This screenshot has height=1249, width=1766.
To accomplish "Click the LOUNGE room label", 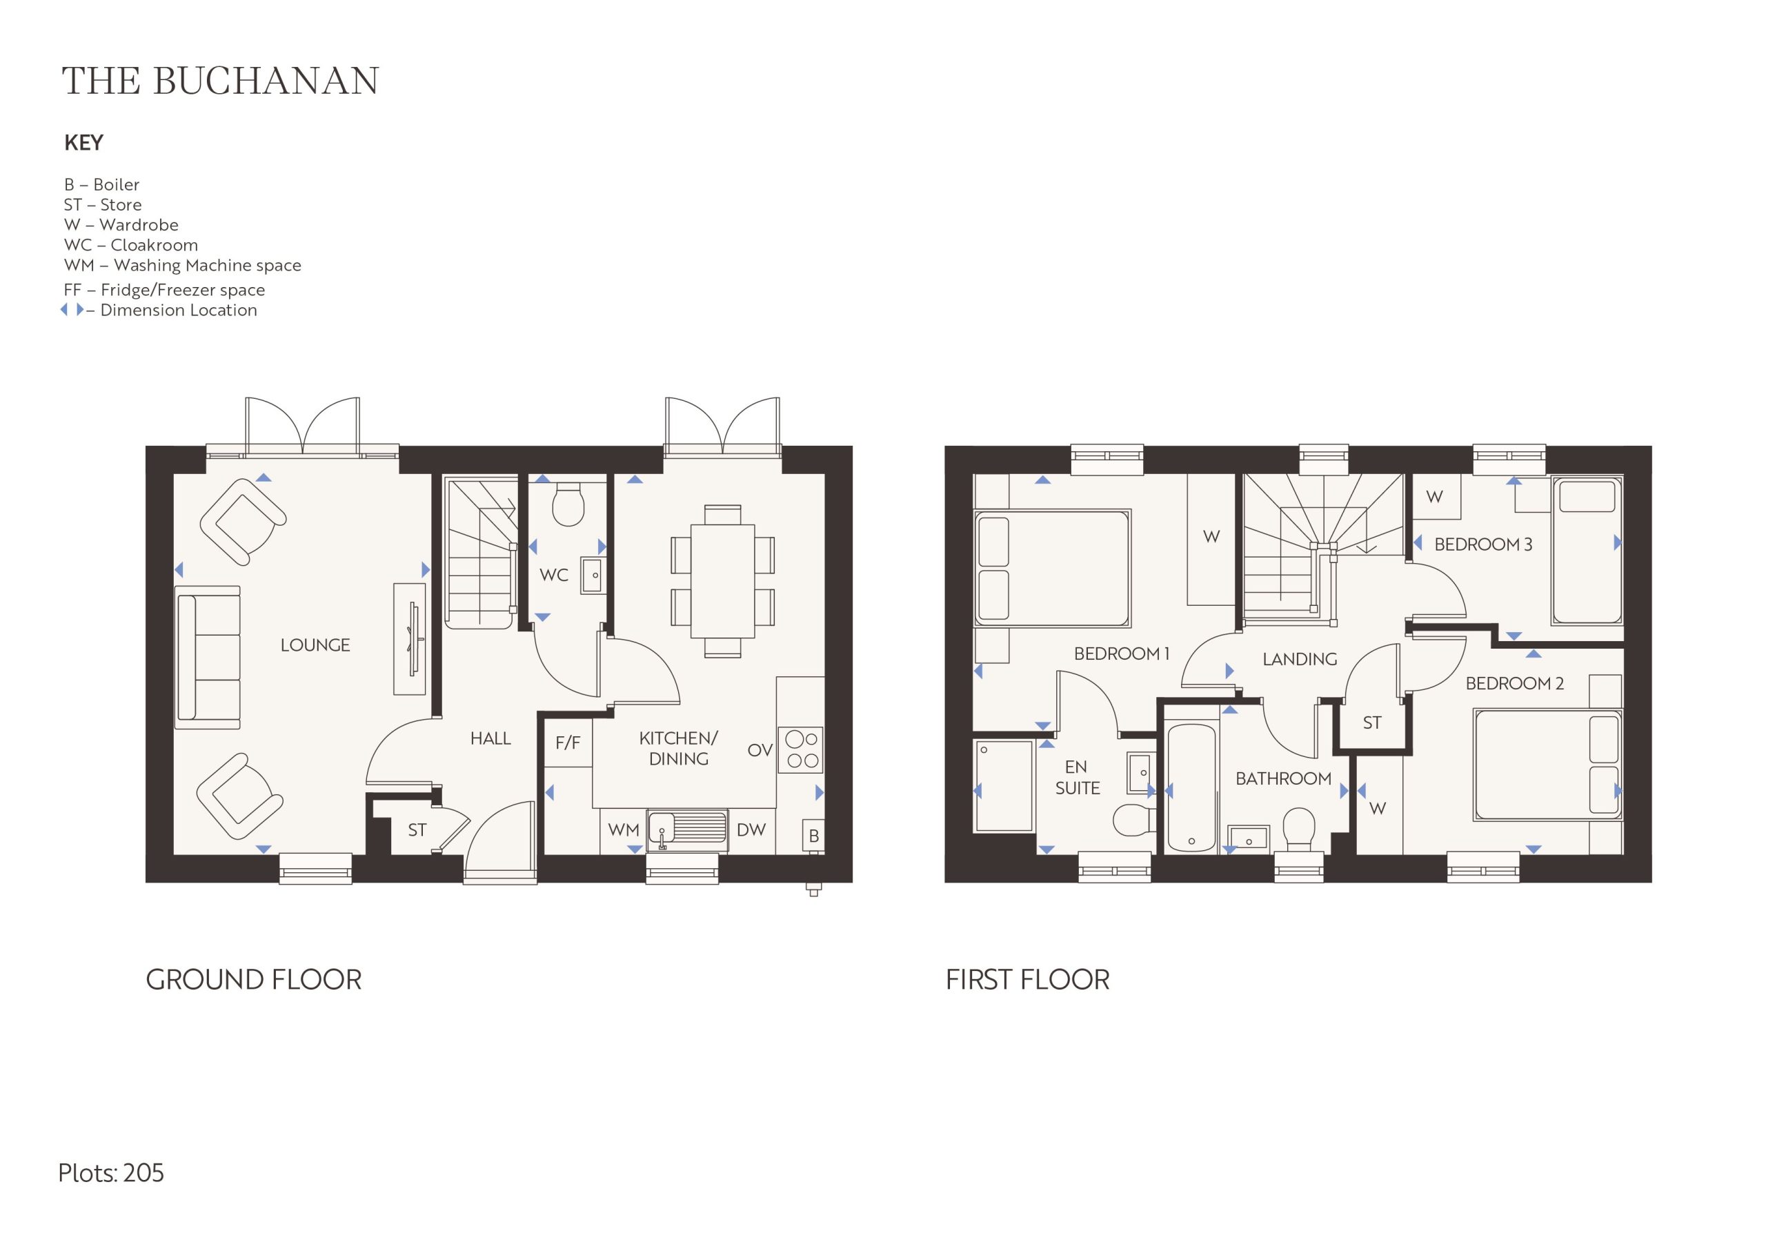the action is [x=315, y=645].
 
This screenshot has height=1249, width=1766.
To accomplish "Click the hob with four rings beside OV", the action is [x=801, y=749].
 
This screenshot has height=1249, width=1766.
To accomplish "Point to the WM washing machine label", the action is [x=624, y=829].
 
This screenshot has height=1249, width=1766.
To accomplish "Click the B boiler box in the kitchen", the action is [x=814, y=835].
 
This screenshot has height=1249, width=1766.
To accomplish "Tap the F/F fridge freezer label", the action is [x=568, y=742].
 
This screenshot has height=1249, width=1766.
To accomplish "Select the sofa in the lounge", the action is [x=208, y=657].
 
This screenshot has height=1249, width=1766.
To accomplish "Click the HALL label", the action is [x=490, y=739].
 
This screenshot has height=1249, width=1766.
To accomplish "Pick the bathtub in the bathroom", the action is [x=1191, y=788].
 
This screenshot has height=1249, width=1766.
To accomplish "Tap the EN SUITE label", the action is [x=1078, y=777].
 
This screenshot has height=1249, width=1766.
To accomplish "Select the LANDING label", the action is [x=1300, y=659].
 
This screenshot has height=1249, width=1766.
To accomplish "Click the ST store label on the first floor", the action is [x=1372, y=722].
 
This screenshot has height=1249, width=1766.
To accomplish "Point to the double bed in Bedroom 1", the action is [x=1052, y=567].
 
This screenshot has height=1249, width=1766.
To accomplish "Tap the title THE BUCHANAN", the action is [x=220, y=81].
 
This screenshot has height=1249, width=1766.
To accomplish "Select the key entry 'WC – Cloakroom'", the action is [x=131, y=245].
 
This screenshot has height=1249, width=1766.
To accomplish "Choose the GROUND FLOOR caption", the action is [x=254, y=980].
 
